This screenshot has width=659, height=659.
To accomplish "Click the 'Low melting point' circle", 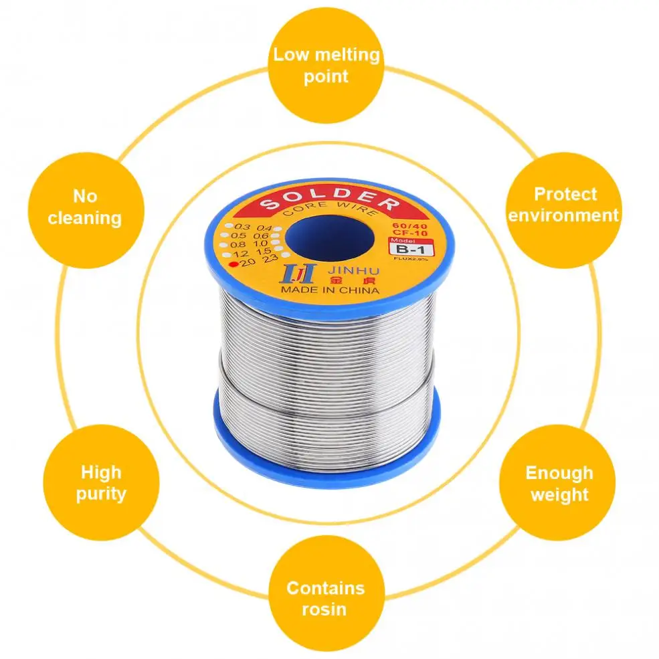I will tap(326, 65).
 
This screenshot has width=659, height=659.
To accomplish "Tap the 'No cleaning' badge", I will tap(84, 207).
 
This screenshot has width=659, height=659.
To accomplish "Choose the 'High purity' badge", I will tap(100, 483).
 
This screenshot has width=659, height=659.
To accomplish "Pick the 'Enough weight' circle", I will tap(559, 484).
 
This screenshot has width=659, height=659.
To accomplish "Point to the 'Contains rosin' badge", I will tap(325, 598).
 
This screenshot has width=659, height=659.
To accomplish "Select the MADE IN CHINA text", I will tap(329, 290).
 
